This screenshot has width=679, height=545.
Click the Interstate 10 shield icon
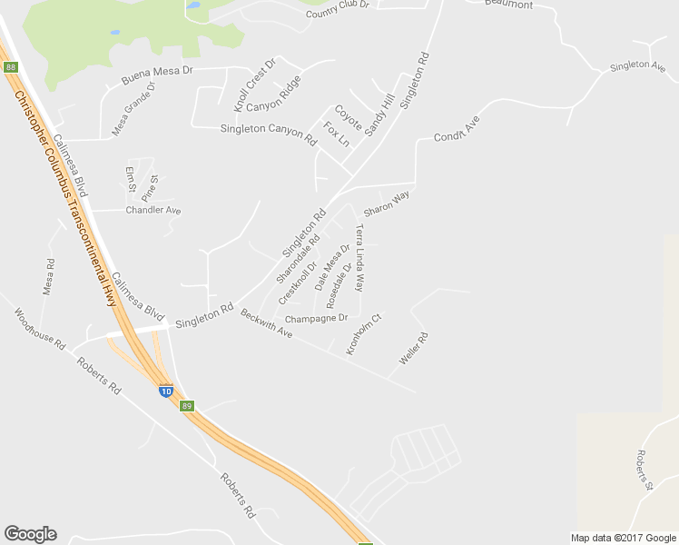pyautogui.click(x=166, y=391)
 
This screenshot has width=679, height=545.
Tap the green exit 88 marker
pyautogui.click(x=10, y=67)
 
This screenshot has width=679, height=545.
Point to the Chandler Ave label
pyautogui.click(x=153, y=210)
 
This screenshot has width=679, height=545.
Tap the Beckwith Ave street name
pyautogui.click(x=266, y=323)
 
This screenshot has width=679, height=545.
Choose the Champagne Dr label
pyautogui.click(x=316, y=319)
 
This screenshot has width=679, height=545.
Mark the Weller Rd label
pyautogui.click(x=413, y=349)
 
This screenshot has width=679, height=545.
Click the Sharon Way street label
pyautogui.click(x=387, y=203)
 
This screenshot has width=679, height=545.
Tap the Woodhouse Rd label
pyautogui.click(x=41, y=329)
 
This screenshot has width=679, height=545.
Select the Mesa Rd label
pyautogui.click(x=49, y=277)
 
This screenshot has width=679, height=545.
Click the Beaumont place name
pyautogui.click(x=508, y=4)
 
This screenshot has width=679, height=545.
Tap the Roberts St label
pyautogui.click(x=645, y=470)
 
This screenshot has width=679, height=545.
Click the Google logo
pyautogui.click(x=30, y=534)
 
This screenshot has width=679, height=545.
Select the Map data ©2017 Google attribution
pyautogui.click(x=623, y=538)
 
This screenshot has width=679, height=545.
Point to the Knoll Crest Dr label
pyautogui.click(x=253, y=86)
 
